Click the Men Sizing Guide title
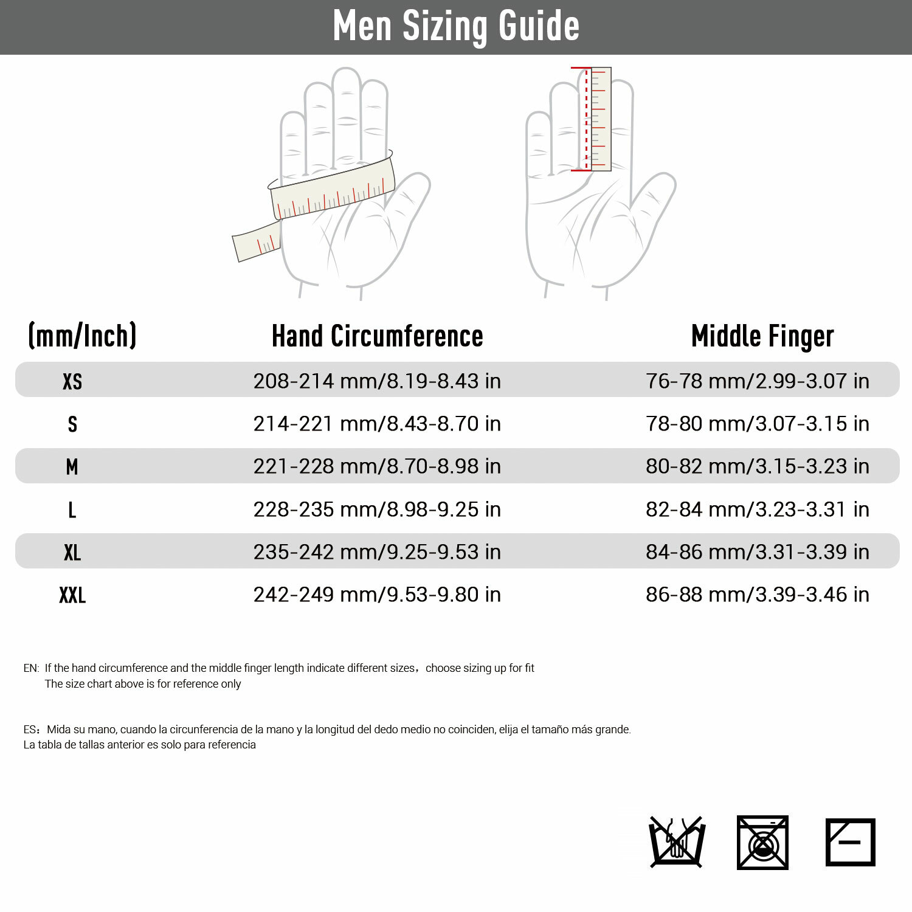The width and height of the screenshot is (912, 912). [x=456, y=26]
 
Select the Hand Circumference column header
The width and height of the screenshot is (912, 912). [x=377, y=336]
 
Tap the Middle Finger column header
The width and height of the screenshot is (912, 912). [x=762, y=336]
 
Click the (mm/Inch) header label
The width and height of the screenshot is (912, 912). [x=82, y=336]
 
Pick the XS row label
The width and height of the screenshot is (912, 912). [x=72, y=381]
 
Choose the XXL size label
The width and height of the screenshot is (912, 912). [x=72, y=595]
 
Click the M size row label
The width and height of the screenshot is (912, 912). [x=72, y=466]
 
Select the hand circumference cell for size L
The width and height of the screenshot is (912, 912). [x=377, y=510]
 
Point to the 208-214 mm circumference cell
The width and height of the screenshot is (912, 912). [x=377, y=381]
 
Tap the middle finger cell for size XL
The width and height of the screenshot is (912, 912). [x=757, y=552]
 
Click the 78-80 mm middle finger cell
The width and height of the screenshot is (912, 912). [x=757, y=424]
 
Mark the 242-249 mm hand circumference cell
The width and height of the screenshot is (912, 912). [x=377, y=595]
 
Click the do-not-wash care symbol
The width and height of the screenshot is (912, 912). [x=677, y=842]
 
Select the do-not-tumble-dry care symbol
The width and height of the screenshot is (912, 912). [x=762, y=843]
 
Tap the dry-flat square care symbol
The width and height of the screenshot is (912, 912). [x=850, y=842]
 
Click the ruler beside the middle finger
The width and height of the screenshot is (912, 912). [x=601, y=119]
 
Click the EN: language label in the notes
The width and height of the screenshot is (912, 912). [x=31, y=668]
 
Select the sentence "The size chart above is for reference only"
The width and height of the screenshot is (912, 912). [x=143, y=684]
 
